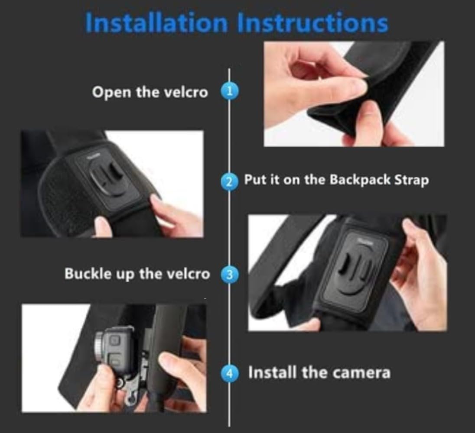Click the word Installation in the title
(x=156, y=23)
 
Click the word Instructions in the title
(x=312, y=23)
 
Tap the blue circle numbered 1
(x=229, y=91)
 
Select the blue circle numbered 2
(x=229, y=181)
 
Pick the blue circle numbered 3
(x=229, y=275)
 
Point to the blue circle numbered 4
(x=229, y=373)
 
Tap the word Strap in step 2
(x=411, y=180)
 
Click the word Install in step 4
(x=272, y=372)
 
